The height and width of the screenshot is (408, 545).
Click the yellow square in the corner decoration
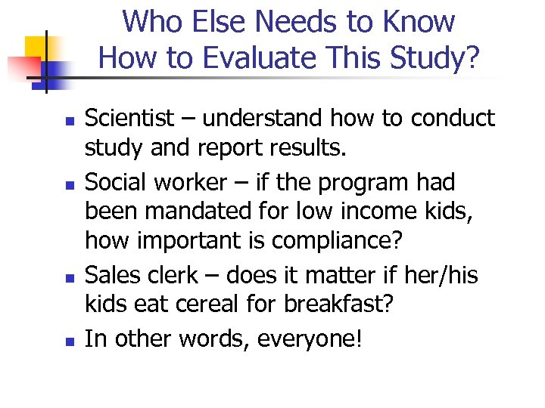(x=36, y=49)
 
